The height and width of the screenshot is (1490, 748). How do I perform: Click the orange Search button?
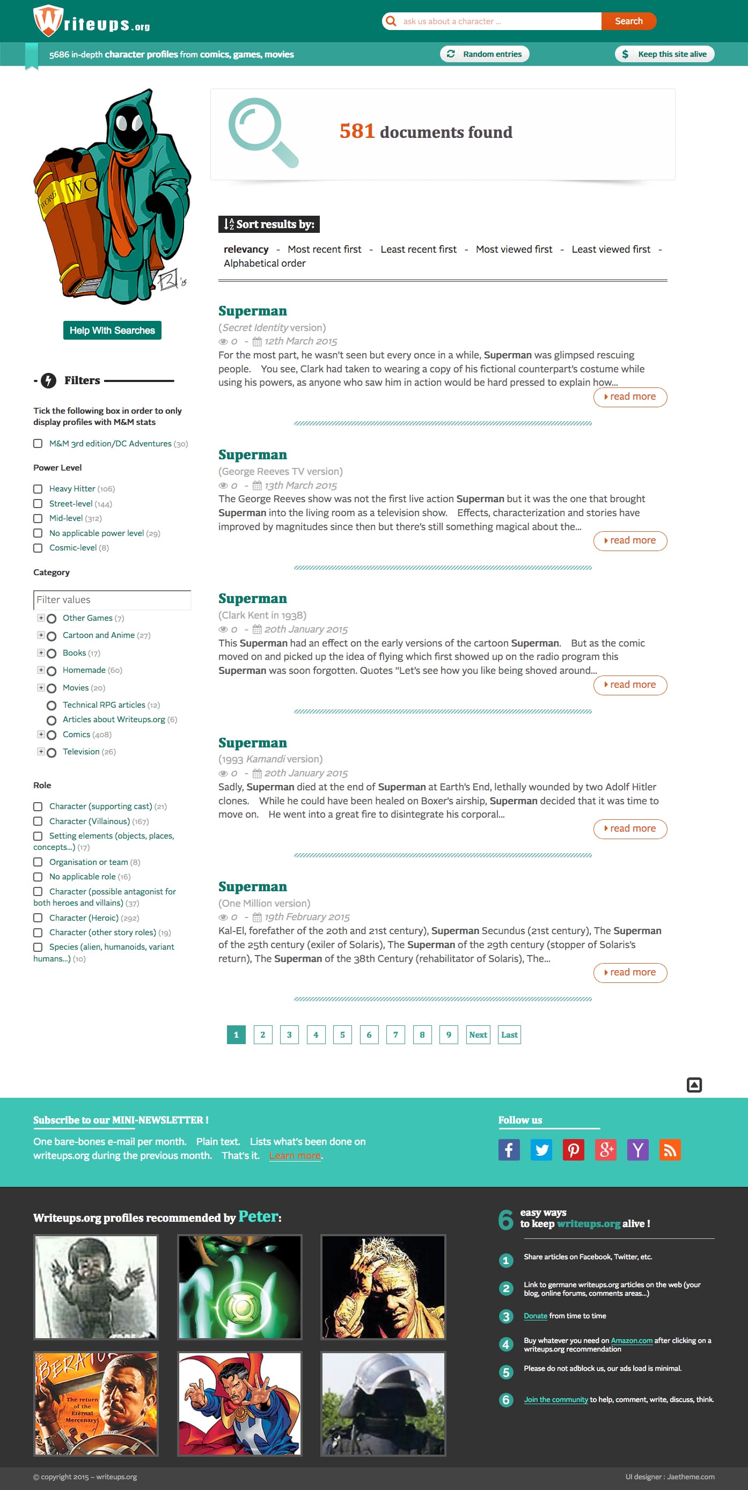point(628,21)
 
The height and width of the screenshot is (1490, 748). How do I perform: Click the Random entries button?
point(485,54)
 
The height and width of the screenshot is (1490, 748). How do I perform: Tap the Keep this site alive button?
point(664,54)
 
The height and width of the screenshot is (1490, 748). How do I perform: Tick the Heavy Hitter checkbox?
point(38,489)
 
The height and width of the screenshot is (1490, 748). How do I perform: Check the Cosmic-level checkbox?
point(38,548)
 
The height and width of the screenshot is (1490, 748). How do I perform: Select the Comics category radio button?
point(52,735)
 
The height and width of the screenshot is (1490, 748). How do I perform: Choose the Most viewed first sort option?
point(514,249)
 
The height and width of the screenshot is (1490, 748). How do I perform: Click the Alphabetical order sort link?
point(265,263)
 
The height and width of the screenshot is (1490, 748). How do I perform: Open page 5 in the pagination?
point(342,1035)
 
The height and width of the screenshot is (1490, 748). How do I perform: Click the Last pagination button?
point(509,1035)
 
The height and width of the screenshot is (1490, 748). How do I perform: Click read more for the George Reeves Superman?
point(630,540)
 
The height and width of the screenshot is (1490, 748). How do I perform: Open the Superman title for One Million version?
point(252,887)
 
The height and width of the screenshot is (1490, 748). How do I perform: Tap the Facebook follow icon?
point(509,1150)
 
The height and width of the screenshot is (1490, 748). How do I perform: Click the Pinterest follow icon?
point(573,1150)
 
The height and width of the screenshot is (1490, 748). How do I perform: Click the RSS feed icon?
point(670,1150)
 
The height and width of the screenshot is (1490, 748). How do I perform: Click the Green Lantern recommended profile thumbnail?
point(239,1287)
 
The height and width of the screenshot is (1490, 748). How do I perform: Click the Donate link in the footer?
point(535,1316)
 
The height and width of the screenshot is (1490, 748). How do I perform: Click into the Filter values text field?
point(112,600)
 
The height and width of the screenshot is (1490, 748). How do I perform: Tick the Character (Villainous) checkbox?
point(38,821)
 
